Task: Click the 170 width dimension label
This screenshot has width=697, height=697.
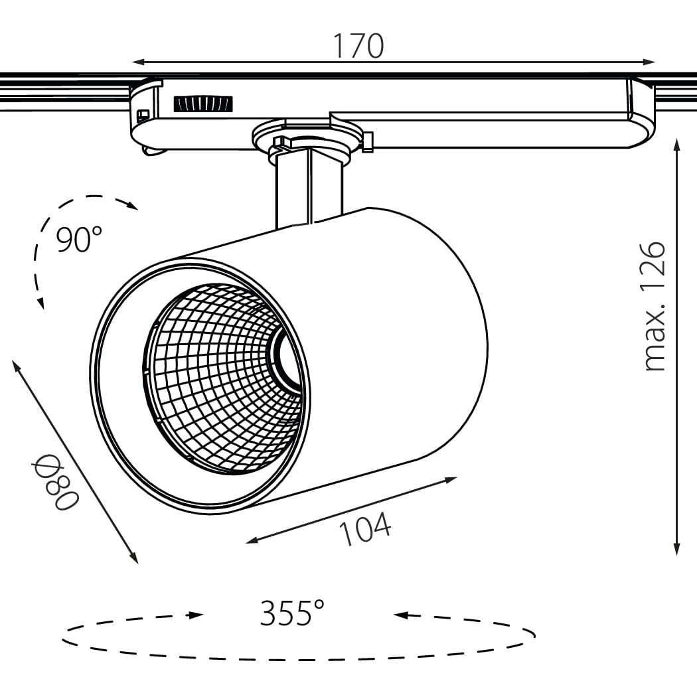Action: click(358, 46)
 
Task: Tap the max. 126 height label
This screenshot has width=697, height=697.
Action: click(655, 306)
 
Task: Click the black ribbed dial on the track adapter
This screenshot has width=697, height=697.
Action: click(203, 104)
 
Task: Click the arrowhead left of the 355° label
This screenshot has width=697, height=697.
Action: click(196, 615)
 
